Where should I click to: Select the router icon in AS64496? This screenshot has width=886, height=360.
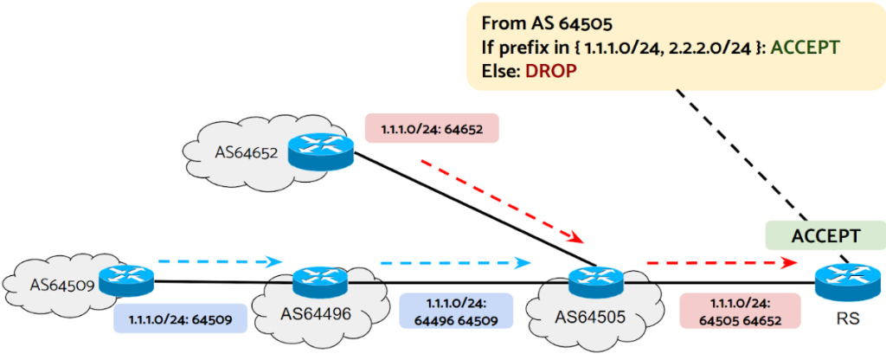point(309,281)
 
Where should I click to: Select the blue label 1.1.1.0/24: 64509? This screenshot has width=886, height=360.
point(180,318)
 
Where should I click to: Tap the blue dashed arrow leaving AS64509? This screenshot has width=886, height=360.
point(220,260)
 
